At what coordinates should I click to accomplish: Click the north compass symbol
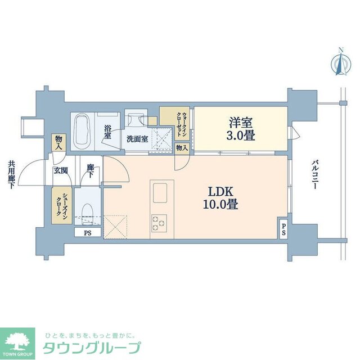(340, 63)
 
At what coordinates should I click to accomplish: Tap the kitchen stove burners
(158, 223)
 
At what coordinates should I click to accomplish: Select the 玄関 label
(60, 171)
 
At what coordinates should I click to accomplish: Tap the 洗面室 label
(137, 138)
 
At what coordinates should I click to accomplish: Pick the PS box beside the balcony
(283, 229)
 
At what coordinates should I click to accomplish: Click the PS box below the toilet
(87, 232)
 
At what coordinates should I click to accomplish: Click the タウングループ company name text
(91, 347)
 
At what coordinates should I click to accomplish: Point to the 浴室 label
(108, 132)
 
